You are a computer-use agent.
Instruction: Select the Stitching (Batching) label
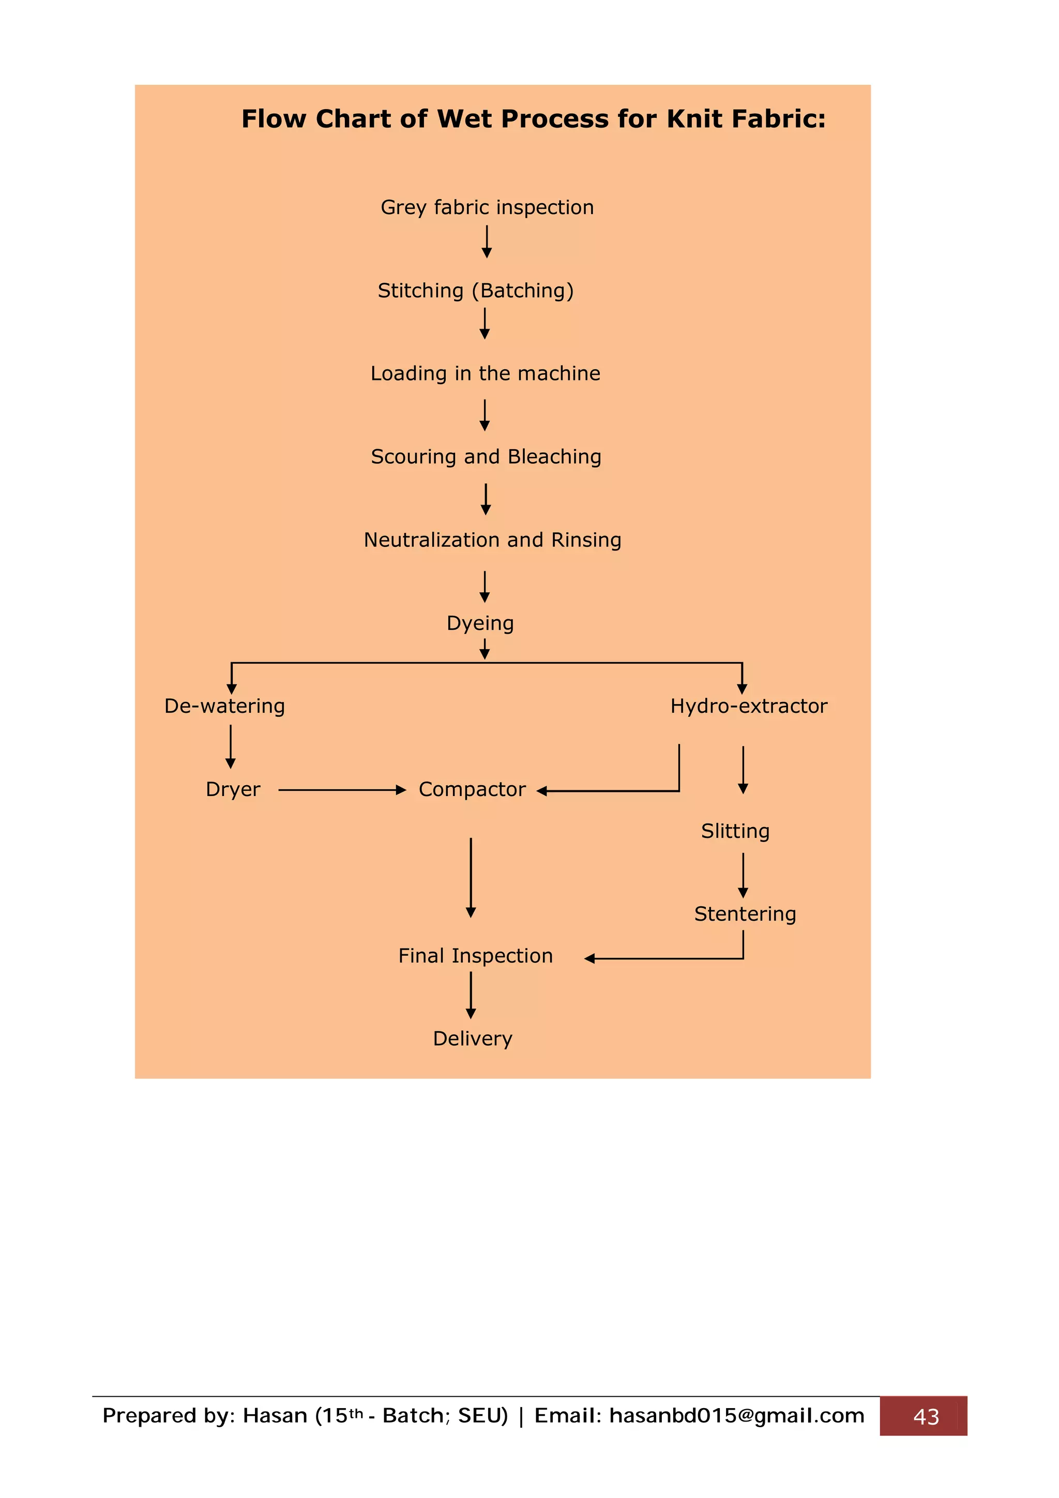pos(476,291)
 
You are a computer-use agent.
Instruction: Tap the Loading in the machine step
pos(485,373)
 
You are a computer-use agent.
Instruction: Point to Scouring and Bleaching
pos(486,457)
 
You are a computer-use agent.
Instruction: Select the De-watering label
pos(224,706)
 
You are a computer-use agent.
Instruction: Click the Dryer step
pos(233,789)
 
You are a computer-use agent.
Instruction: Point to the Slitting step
pos(735,831)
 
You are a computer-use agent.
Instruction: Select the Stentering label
pos(745,914)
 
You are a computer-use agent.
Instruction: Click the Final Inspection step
pos(475,956)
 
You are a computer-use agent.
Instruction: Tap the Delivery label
pos(473,1038)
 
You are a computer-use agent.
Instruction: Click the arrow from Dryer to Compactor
pos(341,790)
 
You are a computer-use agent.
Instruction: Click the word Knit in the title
pos(694,119)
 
